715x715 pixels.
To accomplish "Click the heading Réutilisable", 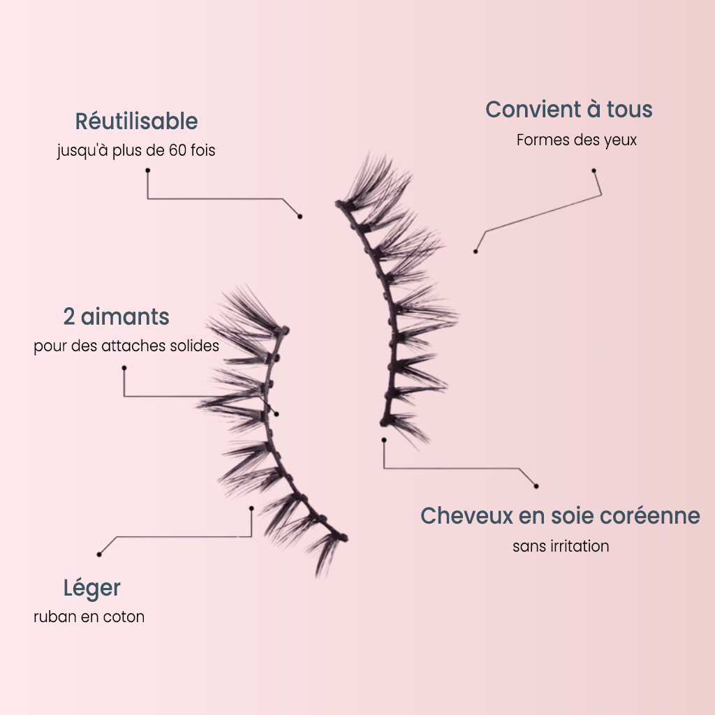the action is pyautogui.click(x=136, y=121).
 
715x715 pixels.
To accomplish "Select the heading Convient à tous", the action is pyautogui.click(x=568, y=110).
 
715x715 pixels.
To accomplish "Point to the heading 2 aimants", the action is pyautogui.click(x=117, y=316).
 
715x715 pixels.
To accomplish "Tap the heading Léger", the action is pyautogui.click(x=92, y=588).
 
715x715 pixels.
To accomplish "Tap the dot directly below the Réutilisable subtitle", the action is pyautogui.click(x=148, y=170).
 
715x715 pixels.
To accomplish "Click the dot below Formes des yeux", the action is pyautogui.click(x=594, y=171).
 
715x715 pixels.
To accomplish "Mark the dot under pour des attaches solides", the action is pyautogui.click(x=124, y=368).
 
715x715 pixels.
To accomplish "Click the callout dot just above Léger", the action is pyautogui.click(x=99, y=554).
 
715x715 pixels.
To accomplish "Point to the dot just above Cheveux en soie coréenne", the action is pyautogui.click(x=536, y=486).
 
